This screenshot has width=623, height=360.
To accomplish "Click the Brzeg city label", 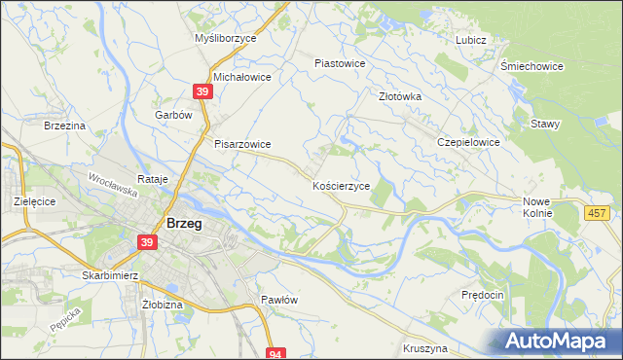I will point(184,223).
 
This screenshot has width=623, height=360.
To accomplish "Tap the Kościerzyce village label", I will point(340,185).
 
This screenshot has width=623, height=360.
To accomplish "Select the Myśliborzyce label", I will point(225,39).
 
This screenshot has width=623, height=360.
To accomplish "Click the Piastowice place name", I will point(339,63).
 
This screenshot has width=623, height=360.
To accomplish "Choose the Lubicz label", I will point(470,40).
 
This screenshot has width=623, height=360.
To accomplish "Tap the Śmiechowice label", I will point(531,66).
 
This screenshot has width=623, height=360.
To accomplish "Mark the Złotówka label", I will point(399,96).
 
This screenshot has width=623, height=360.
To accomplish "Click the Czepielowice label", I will point(468,142).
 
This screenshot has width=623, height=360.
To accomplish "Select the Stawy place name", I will point(544,124).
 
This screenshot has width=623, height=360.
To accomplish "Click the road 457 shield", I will point(598,212).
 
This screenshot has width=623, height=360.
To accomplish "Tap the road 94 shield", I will point(277,354).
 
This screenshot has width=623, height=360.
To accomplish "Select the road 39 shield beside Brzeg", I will point(147,242).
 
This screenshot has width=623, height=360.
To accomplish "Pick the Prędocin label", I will point(482,295).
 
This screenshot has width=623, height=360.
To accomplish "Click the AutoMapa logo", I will point(561,342).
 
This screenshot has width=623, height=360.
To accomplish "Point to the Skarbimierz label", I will point(113,275).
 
